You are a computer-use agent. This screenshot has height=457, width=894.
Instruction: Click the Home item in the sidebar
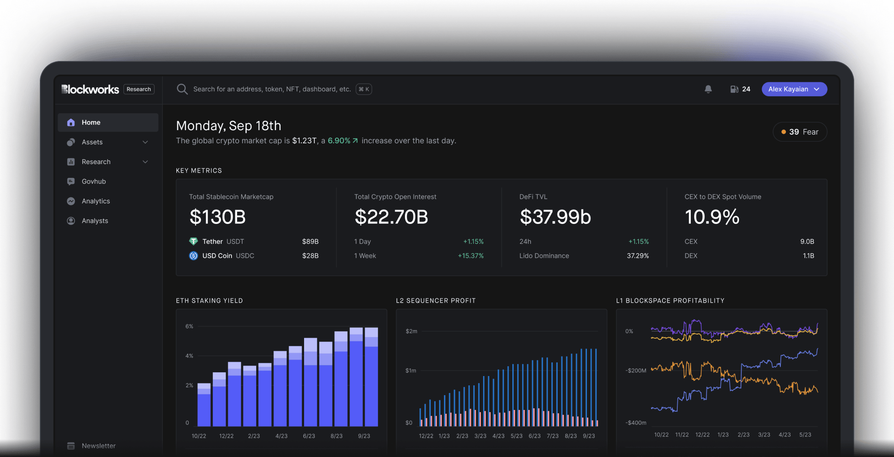pyautogui.click(x=91, y=123)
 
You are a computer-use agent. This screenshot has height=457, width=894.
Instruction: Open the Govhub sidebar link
pyautogui.click(x=94, y=181)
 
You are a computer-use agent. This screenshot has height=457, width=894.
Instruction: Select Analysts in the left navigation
pyautogui.click(x=95, y=221)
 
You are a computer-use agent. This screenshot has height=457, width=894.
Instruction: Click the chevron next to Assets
pyautogui.click(x=145, y=142)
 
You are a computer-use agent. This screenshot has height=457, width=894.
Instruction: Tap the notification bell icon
pyautogui.click(x=708, y=89)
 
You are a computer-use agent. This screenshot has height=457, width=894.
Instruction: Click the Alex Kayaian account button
pyautogui.click(x=794, y=89)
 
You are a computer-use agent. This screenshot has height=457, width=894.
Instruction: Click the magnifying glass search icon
pyautogui.click(x=182, y=89)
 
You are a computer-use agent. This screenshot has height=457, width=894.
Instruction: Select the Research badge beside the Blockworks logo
pyautogui.click(x=139, y=89)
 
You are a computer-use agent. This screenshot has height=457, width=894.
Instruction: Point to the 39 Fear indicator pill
pyautogui.click(x=799, y=132)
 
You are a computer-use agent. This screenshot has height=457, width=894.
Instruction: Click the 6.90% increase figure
pyautogui.click(x=339, y=141)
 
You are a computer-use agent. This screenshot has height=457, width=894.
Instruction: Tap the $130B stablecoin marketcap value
pyautogui.click(x=218, y=217)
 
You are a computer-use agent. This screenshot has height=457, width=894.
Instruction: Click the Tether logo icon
pyautogui.click(x=193, y=242)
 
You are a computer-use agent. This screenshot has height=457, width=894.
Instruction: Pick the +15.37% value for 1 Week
pyautogui.click(x=470, y=256)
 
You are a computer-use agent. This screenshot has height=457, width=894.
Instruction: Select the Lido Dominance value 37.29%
pyautogui.click(x=637, y=256)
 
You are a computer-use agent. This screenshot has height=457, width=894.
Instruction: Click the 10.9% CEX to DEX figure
pyautogui.click(x=712, y=217)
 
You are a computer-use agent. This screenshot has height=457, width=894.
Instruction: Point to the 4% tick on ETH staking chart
pyautogui.click(x=189, y=356)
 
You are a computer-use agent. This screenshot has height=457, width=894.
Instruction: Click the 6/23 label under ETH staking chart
pyautogui.click(x=309, y=436)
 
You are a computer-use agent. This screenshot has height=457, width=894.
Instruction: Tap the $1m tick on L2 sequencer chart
pyautogui.click(x=411, y=371)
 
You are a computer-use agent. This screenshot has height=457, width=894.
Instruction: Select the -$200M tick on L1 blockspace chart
pyautogui.click(x=636, y=371)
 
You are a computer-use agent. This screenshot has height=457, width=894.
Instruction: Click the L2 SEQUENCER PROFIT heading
pyautogui.click(x=436, y=301)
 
